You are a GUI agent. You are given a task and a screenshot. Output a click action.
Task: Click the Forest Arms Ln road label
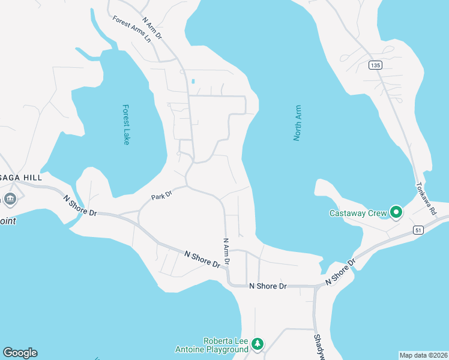coord(131,29)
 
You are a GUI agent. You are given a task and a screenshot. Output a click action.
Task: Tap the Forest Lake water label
coord(126,125)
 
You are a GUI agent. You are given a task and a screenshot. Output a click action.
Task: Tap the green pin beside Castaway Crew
coord(396,212)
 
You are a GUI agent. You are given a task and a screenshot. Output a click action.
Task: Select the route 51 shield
coord(418,230)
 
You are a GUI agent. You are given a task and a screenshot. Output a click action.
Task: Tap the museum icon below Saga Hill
coord(10,199)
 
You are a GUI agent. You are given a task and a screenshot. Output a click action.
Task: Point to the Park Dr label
coord(161,196)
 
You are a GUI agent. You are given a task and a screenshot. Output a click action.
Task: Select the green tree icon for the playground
coord(258,344)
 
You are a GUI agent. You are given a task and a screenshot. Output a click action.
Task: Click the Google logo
coord(20,353)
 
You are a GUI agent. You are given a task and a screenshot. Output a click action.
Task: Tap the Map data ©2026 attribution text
coord(423,355)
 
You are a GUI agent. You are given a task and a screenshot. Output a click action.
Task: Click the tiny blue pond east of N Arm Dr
coord(193,81)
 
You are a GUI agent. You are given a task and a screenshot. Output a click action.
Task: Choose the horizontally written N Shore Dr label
coord(268,286)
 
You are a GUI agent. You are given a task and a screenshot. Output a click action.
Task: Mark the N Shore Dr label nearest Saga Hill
coord(80,205)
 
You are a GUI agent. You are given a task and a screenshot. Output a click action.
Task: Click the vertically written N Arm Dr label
coord(227,252)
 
